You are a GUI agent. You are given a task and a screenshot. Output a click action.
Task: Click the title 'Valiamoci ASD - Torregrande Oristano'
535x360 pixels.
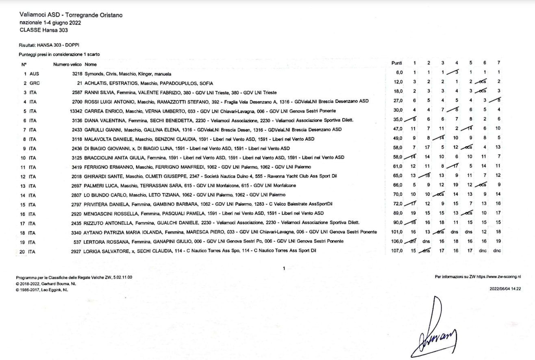pyautogui.click(x=71, y=15)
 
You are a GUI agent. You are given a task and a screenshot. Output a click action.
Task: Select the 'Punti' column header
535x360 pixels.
pyautogui.click(x=396, y=63)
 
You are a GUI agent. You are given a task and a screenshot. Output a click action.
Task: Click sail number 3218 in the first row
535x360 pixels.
pyautogui.click(x=77, y=74)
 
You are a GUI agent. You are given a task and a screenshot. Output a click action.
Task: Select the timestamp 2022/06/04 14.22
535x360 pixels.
pyautogui.click(x=506, y=288)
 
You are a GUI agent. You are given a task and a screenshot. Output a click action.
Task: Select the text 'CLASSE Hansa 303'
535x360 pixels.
pyautogui.click(x=43, y=30)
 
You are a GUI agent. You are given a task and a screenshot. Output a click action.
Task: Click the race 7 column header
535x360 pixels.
pyautogui.click(x=499, y=63)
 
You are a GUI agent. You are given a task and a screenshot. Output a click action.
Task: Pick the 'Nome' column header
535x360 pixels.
pyautogui.click(x=91, y=65)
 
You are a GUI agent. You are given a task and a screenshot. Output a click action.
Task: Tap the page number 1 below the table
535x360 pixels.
pyautogui.click(x=284, y=268)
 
